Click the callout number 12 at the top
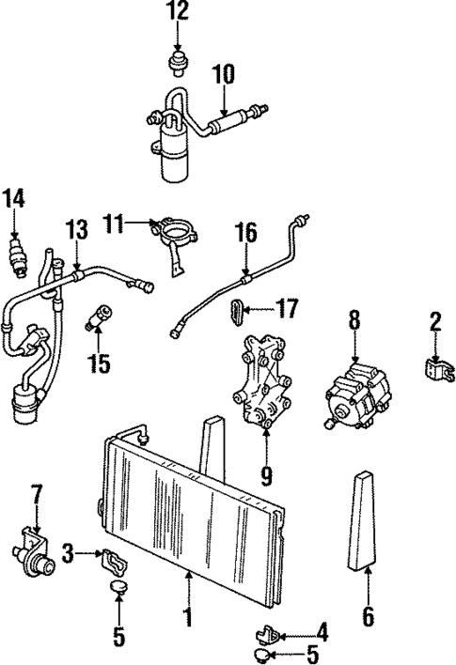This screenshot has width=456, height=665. pyautogui.click(x=178, y=11)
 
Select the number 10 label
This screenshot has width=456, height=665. pyautogui.click(x=226, y=73)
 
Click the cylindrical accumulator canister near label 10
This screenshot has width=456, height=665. pyautogui.click(x=174, y=155)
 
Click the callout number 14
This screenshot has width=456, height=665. pyautogui.click(x=13, y=199)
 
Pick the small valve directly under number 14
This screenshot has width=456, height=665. pyautogui.click(x=14, y=255)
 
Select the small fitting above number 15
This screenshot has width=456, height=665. pyautogui.click(x=99, y=317)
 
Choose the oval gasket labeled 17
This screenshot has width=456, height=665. pyautogui.click(x=236, y=311)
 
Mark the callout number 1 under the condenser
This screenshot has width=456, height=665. pyautogui.click(x=189, y=617)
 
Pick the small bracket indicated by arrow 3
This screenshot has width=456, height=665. pyautogui.click(x=116, y=561)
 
